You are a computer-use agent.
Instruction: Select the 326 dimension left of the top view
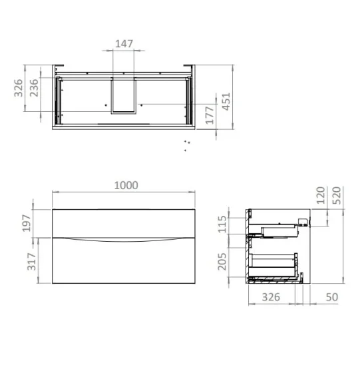pos(19,88)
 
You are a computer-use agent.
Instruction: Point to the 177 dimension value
pos(211,116)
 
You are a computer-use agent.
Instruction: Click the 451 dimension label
pos(228,101)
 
